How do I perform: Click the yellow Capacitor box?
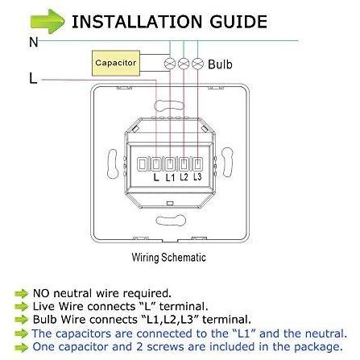[116, 63]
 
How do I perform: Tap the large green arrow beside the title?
[48, 22]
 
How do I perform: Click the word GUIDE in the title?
[238, 22]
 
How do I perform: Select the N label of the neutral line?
[34, 43]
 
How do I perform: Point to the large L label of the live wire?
[33, 78]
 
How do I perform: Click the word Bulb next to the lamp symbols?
[220, 64]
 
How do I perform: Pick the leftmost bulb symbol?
[170, 64]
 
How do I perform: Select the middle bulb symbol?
[184, 64]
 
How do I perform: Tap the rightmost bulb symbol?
[198, 64]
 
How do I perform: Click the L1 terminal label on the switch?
[170, 177]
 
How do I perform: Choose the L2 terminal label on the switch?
[184, 177]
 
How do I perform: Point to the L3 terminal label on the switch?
[197, 176]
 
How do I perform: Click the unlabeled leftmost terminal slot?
[142, 164]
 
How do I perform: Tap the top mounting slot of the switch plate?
[170, 105]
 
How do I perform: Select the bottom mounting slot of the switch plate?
[171, 221]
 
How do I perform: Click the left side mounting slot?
[112, 163]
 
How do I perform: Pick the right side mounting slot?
[227, 163]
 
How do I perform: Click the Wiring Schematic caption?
[169, 257]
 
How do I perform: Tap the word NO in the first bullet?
[41, 293]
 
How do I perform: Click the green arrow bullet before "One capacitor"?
[22, 347]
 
